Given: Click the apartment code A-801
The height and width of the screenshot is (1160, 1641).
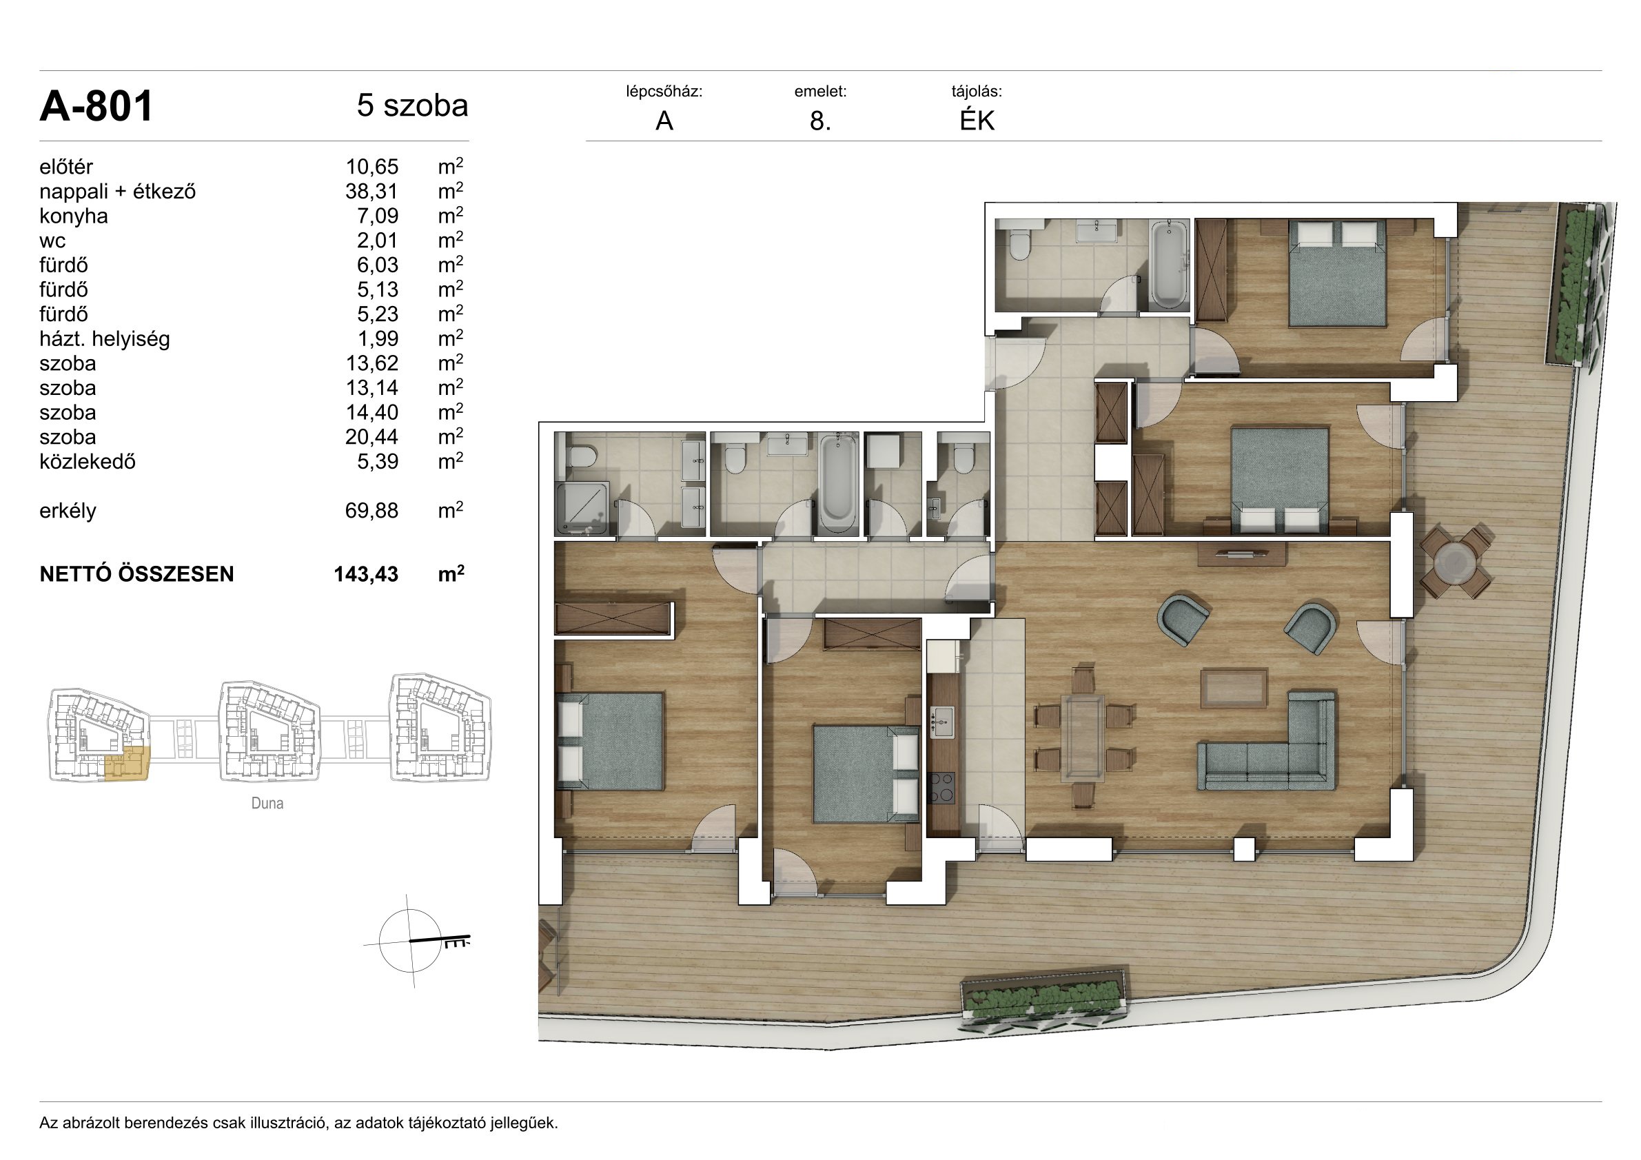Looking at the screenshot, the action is tap(96, 107).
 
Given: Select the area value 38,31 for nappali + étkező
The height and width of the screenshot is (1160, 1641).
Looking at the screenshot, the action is tap(371, 192).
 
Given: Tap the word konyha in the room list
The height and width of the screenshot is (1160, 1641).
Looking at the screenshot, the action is tap(74, 216).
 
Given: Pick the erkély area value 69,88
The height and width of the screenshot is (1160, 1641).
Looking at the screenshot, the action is tap(371, 511).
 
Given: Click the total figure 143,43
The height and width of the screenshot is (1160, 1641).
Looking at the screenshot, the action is tap(366, 575).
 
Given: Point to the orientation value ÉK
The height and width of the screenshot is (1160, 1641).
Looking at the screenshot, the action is tap(977, 121).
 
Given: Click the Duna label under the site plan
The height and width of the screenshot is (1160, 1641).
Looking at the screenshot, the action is tap(267, 804).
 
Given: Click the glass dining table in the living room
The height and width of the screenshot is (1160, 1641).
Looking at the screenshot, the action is tap(1083, 737).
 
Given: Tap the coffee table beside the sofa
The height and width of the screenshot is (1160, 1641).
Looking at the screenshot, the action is tap(1234, 688).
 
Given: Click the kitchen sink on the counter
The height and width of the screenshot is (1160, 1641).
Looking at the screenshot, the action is tap(942, 722).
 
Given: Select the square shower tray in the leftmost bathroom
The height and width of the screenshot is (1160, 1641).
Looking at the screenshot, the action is tap(583, 508).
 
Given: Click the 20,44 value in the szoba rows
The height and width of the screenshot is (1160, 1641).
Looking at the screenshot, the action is tap(371, 438).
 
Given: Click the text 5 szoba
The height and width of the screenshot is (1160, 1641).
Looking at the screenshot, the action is tap(412, 105).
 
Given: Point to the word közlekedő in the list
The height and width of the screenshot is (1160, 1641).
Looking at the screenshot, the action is tap(88, 462).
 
